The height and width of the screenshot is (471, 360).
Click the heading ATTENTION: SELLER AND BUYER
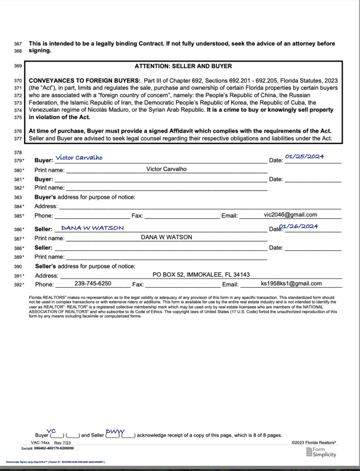[x=183, y=66]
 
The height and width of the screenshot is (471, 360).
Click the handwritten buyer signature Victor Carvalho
[x=79, y=158]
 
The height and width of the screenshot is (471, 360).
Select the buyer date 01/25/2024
[x=304, y=156]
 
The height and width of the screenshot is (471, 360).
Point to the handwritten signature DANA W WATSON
[x=92, y=228]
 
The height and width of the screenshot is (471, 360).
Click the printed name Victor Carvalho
[x=166, y=169]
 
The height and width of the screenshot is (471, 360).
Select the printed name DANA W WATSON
[x=166, y=237]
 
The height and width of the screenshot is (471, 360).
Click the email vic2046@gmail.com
[x=291, y=215]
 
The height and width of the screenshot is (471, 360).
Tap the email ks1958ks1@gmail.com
[x=291, y=283]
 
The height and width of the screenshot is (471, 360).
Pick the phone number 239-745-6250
[x=93, y=283]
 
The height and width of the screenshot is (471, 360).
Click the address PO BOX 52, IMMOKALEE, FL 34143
[x=201, y=275]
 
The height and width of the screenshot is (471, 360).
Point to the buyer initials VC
[x=51, y=431]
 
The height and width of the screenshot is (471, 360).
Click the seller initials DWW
[x=115, y=431]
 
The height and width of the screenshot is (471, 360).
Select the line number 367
[x=18, y=44]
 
